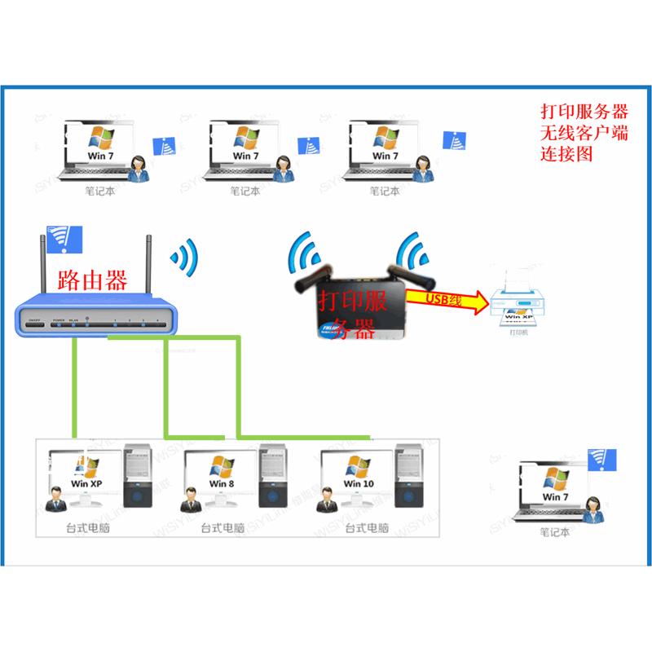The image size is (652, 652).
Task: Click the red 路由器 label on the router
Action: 92,281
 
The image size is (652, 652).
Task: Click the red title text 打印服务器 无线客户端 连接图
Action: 584,131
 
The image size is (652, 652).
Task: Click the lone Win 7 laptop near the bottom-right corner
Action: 554,492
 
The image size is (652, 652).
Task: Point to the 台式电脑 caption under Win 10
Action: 368,528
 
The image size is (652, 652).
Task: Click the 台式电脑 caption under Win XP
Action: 88,528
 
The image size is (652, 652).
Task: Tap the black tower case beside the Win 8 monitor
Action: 274,477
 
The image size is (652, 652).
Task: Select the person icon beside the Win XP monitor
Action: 56,499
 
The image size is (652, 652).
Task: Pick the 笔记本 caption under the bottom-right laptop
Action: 555,534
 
